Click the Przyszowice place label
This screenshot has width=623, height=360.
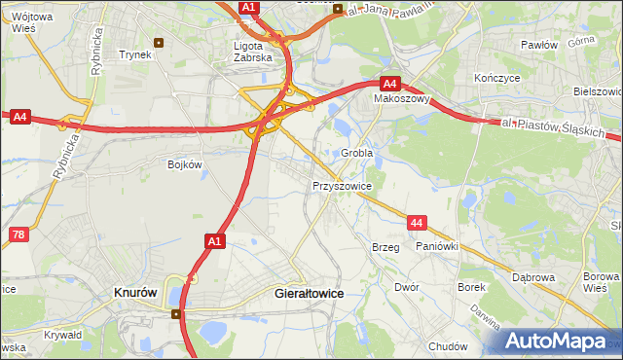tap(342, 185)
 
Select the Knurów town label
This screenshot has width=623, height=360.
tap(136, 291)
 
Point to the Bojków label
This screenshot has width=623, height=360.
tap(184, 164)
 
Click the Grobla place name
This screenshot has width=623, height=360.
tap(357, 154)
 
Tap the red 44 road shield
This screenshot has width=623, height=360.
tap(417, 224)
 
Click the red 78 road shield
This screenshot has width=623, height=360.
tap(18, 234)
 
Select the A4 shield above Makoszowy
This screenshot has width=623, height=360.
tap(389, 84)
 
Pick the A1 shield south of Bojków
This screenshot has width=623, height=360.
tap(215, 239)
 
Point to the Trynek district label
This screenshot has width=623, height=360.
tap(134, 54)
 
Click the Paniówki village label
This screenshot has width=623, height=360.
tap(436, 247)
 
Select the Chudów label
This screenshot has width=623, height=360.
tap(448, 346)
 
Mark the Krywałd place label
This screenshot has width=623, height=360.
tap(62, 335)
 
